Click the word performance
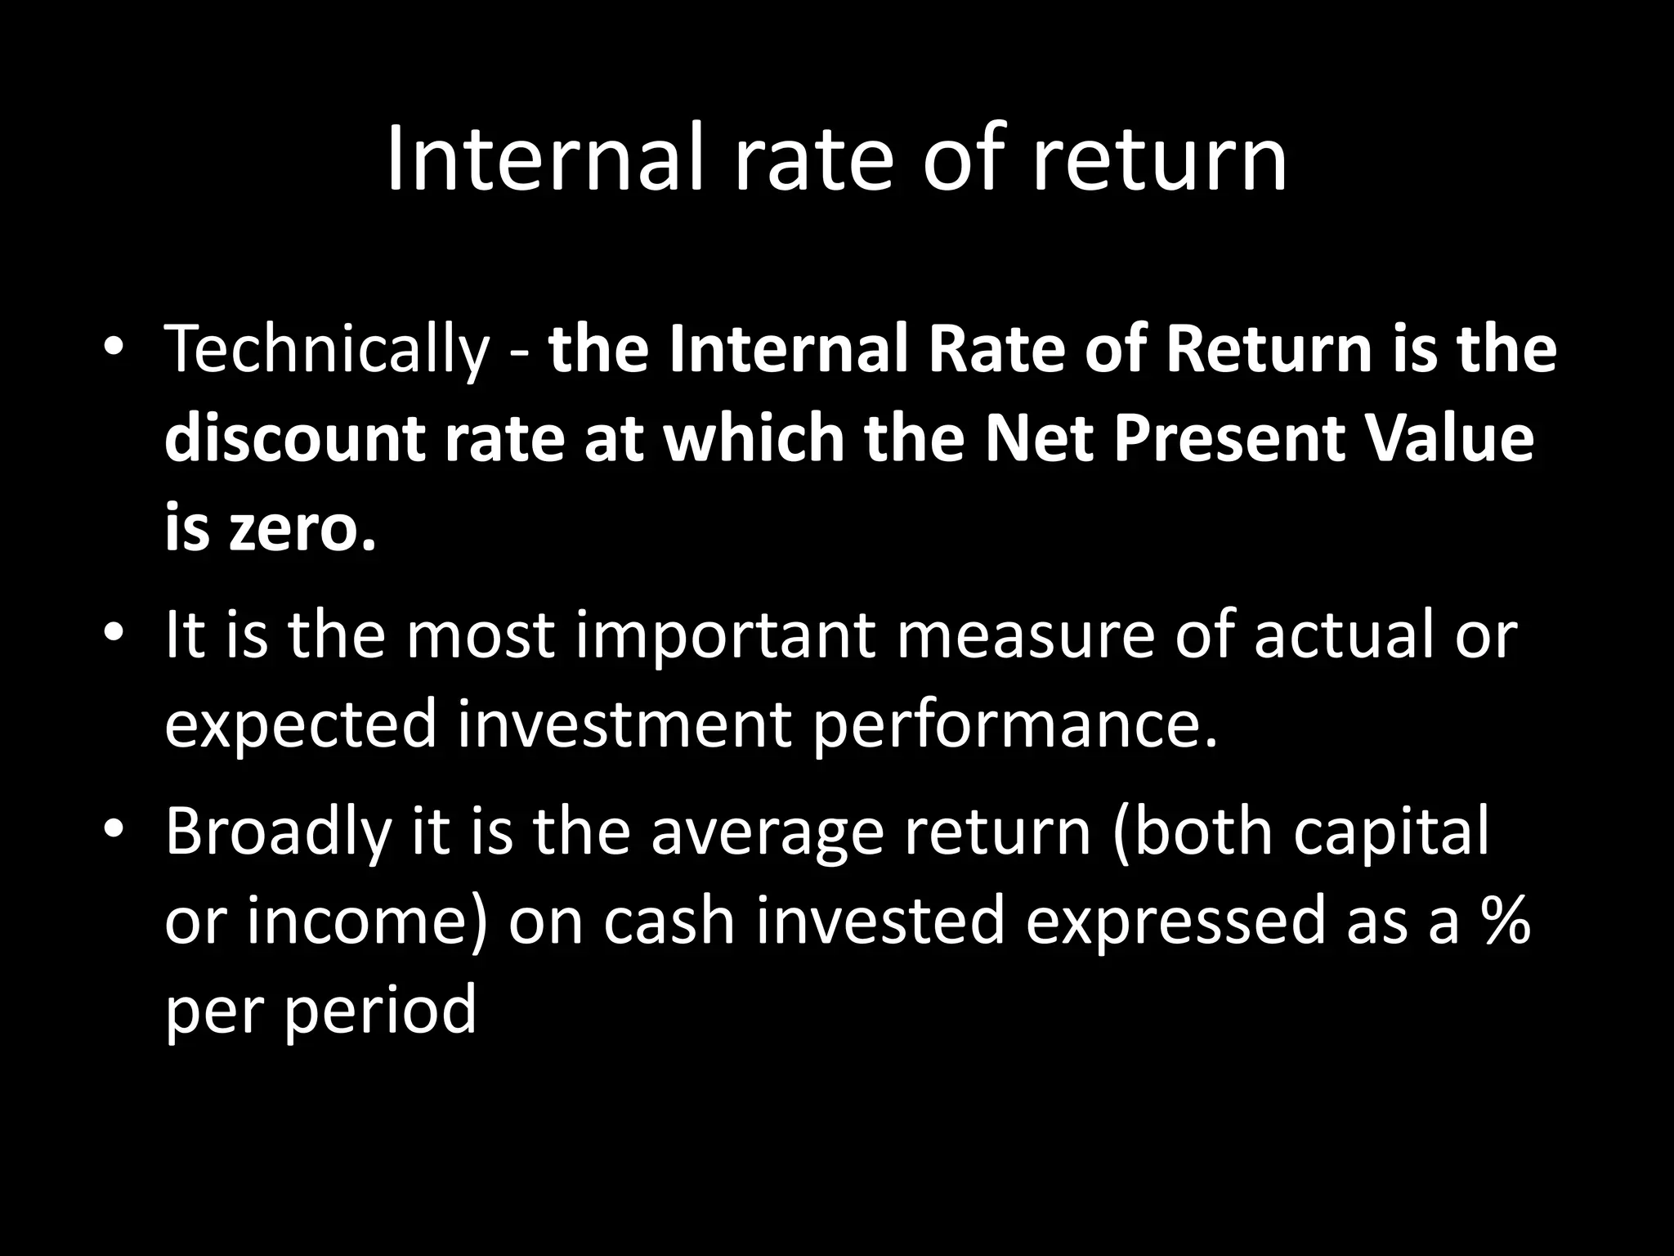(1014, 724)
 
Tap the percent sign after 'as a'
(1504, 921)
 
